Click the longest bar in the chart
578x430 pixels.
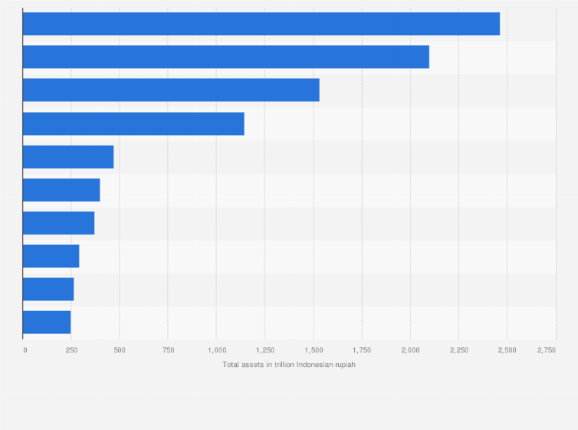[x=261, y=24]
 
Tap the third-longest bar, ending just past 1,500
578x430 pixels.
[x=171, y=90]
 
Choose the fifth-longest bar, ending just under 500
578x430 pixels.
[x=68, y=157]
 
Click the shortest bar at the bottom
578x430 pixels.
[x=47, y=322]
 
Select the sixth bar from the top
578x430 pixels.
[x=61, y=190]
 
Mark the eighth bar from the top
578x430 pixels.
[x=51, y=256]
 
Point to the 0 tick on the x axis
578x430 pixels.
[x=25, y=350]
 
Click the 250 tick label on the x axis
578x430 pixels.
[x=71, y=350]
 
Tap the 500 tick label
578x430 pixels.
[x=120, y=350]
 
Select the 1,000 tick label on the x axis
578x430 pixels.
[x=216, y=350]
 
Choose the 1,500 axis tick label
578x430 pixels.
[x=313, y=350]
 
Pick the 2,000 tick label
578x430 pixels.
[x=410, y=350]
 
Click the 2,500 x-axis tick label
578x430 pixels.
[x=507, y=350]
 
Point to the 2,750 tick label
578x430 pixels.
[x=547, y=350]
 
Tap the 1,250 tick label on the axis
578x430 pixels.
[x=264, y=350]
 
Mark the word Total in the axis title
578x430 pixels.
[x=231, y=365]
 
